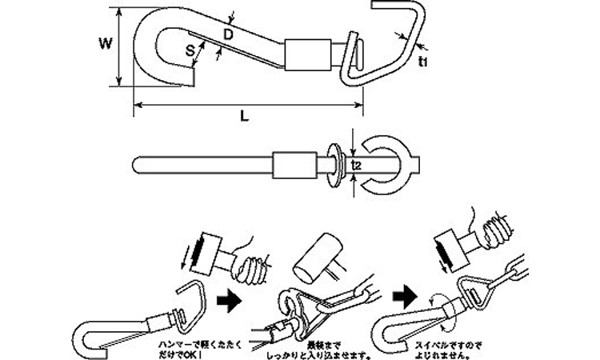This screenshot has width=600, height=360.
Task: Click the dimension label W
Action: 103,44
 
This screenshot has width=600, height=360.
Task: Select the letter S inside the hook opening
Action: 190,51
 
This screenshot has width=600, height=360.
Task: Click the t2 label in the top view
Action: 358,165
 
